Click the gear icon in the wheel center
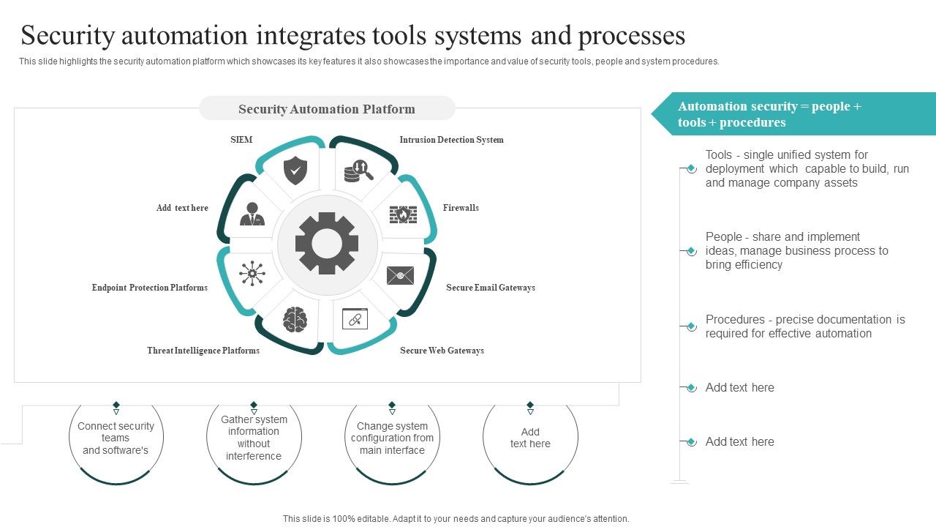(327, 244)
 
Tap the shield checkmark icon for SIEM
(295, 171)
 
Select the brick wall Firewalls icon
(402, 214)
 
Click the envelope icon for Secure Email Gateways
(400, 275)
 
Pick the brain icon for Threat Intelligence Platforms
(295, 320)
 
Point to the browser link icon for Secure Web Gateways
(355, 318)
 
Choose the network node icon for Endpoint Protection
(252, 273)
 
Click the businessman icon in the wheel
(252, 214)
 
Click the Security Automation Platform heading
(327, 109)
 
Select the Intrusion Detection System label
(451, 140)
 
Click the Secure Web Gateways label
(442, 351)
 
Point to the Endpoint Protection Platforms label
(150, 288)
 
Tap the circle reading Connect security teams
(116, 438)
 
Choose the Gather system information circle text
(254, 438)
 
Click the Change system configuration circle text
(392, 438)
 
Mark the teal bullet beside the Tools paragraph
(691, 169)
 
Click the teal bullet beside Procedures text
(691, 326)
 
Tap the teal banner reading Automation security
(793, 114)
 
